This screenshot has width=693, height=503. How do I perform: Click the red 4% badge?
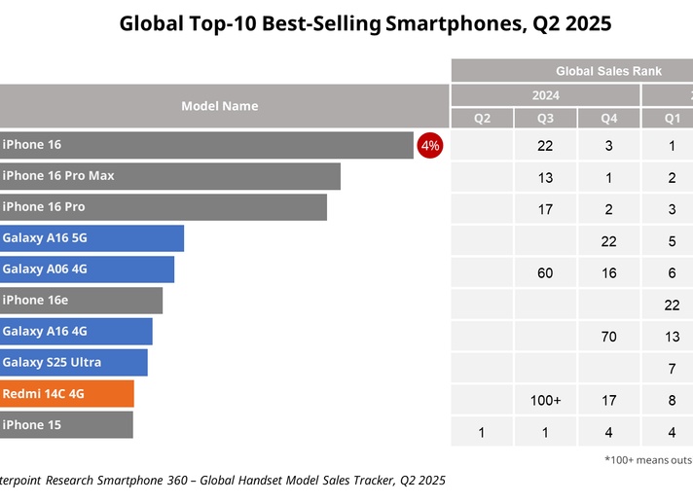point(429,145)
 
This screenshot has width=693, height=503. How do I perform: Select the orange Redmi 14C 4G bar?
point(67,393)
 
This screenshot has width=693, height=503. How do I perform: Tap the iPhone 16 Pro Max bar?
point(170,176)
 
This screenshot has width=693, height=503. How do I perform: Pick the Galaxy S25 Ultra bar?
point(74,363)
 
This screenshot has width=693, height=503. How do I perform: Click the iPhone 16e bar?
point(82,301)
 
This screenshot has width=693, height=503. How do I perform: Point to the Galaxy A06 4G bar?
point(87,269)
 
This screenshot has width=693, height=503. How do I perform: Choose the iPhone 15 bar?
point(66,425)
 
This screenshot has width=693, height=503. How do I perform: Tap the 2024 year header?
point(545,95)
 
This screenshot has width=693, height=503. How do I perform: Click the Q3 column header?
point(545,119)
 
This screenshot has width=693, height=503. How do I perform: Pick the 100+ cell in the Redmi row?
point(545,400)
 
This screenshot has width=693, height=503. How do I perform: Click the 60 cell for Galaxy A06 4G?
point(545,273)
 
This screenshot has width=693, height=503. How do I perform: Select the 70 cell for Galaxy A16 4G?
point(608,337)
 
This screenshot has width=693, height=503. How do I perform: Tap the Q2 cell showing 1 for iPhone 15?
point(482,432)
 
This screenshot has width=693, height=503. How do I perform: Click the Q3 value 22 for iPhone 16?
point(545,146)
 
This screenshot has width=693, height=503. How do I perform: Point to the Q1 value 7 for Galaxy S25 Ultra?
point(672,369)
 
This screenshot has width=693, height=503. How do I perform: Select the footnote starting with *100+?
point(648,460)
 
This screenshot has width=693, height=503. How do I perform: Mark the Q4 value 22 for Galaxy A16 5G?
point(608,241)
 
